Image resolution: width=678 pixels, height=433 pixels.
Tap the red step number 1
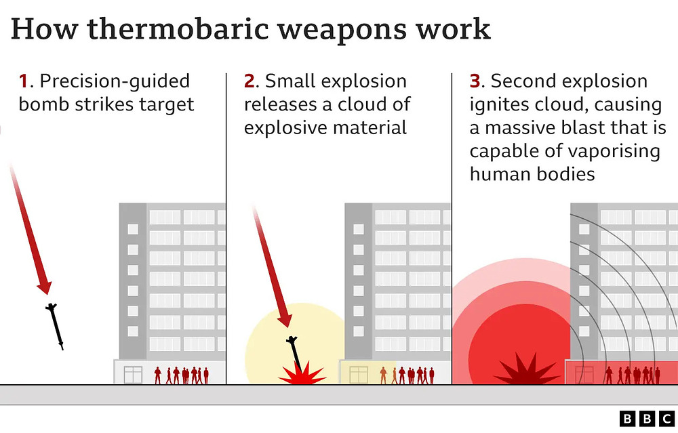[23, 81]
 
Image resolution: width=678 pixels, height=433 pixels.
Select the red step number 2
[249, 81]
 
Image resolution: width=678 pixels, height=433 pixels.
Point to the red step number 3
[475, 81]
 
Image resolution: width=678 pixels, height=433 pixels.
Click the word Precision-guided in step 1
[115, 82]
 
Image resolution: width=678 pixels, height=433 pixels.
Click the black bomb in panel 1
[55, 326]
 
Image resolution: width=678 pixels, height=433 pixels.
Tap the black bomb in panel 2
[294, 353]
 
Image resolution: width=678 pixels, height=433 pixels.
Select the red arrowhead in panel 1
[44, 287]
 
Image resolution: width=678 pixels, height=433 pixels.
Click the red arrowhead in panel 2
[284, 321]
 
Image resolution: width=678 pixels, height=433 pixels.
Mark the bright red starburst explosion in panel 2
[302, 373]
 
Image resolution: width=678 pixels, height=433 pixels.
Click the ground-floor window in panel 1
[133, 375]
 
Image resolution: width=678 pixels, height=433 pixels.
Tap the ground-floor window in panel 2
[359, 375]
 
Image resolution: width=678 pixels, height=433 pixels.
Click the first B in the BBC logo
[627, 419]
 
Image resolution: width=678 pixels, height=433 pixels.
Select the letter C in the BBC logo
[666, 419]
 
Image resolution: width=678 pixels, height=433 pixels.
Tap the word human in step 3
[501, 175]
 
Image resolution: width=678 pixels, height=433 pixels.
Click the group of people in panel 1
[182, 375]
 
